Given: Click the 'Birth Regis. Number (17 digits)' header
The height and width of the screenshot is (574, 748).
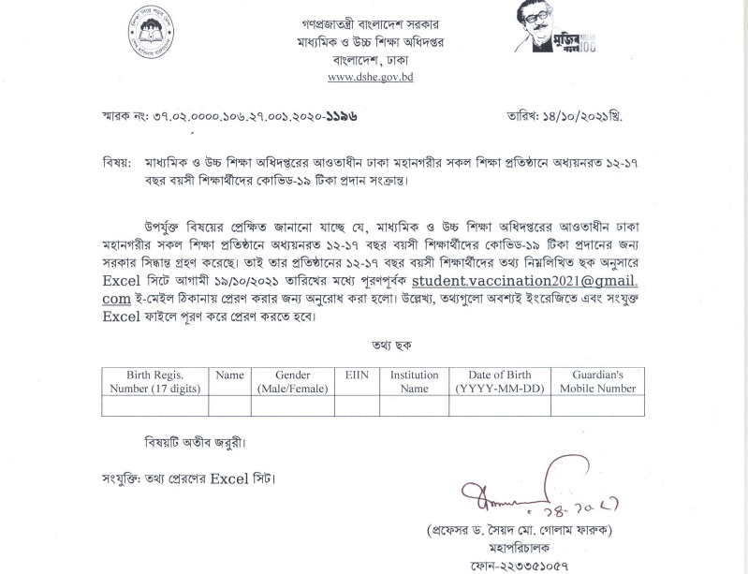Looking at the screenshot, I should (155, 381).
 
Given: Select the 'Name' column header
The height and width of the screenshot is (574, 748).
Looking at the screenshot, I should (229, 375).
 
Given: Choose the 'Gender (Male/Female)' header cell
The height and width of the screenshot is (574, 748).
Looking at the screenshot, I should (293, 381).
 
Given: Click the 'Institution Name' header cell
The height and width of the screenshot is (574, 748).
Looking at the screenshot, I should (414, 381).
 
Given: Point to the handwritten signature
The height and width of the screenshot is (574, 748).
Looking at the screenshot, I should (524, 488).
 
